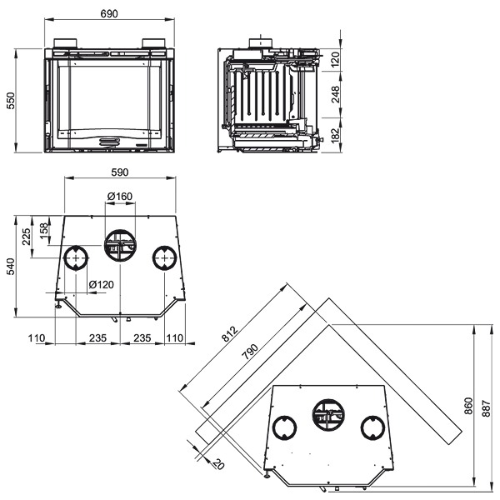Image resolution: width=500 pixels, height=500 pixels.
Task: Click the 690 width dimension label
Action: (109, 13)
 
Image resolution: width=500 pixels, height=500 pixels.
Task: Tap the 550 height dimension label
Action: (11, 101)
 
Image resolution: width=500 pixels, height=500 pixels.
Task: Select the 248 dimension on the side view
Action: (336, 94)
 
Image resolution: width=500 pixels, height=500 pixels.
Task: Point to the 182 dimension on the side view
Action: (336, 136)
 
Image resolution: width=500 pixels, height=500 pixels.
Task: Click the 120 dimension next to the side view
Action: (336, 60)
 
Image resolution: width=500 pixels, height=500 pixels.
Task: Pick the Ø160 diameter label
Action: (120, 197)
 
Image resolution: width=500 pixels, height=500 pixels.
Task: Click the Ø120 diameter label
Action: (102, 284)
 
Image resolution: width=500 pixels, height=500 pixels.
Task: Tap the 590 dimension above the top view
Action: (120, 172)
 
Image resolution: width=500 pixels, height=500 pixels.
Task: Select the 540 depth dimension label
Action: (11, 267)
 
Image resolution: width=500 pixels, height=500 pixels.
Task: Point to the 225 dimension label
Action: (26, 237)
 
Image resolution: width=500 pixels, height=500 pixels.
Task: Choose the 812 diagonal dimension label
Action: (230, 334)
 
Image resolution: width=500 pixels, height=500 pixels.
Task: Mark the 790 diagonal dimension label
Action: (250, 352)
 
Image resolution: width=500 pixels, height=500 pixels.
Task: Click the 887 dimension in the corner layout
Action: (487, 408)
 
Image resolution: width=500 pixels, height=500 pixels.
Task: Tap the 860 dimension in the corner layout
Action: (468, 406)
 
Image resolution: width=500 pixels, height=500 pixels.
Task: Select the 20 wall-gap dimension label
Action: (218, 463)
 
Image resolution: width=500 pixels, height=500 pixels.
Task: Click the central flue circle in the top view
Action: (121, 230)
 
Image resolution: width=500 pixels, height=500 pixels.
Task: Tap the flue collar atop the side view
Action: (261, 43)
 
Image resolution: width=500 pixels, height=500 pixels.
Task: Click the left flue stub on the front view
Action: (65, 43)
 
